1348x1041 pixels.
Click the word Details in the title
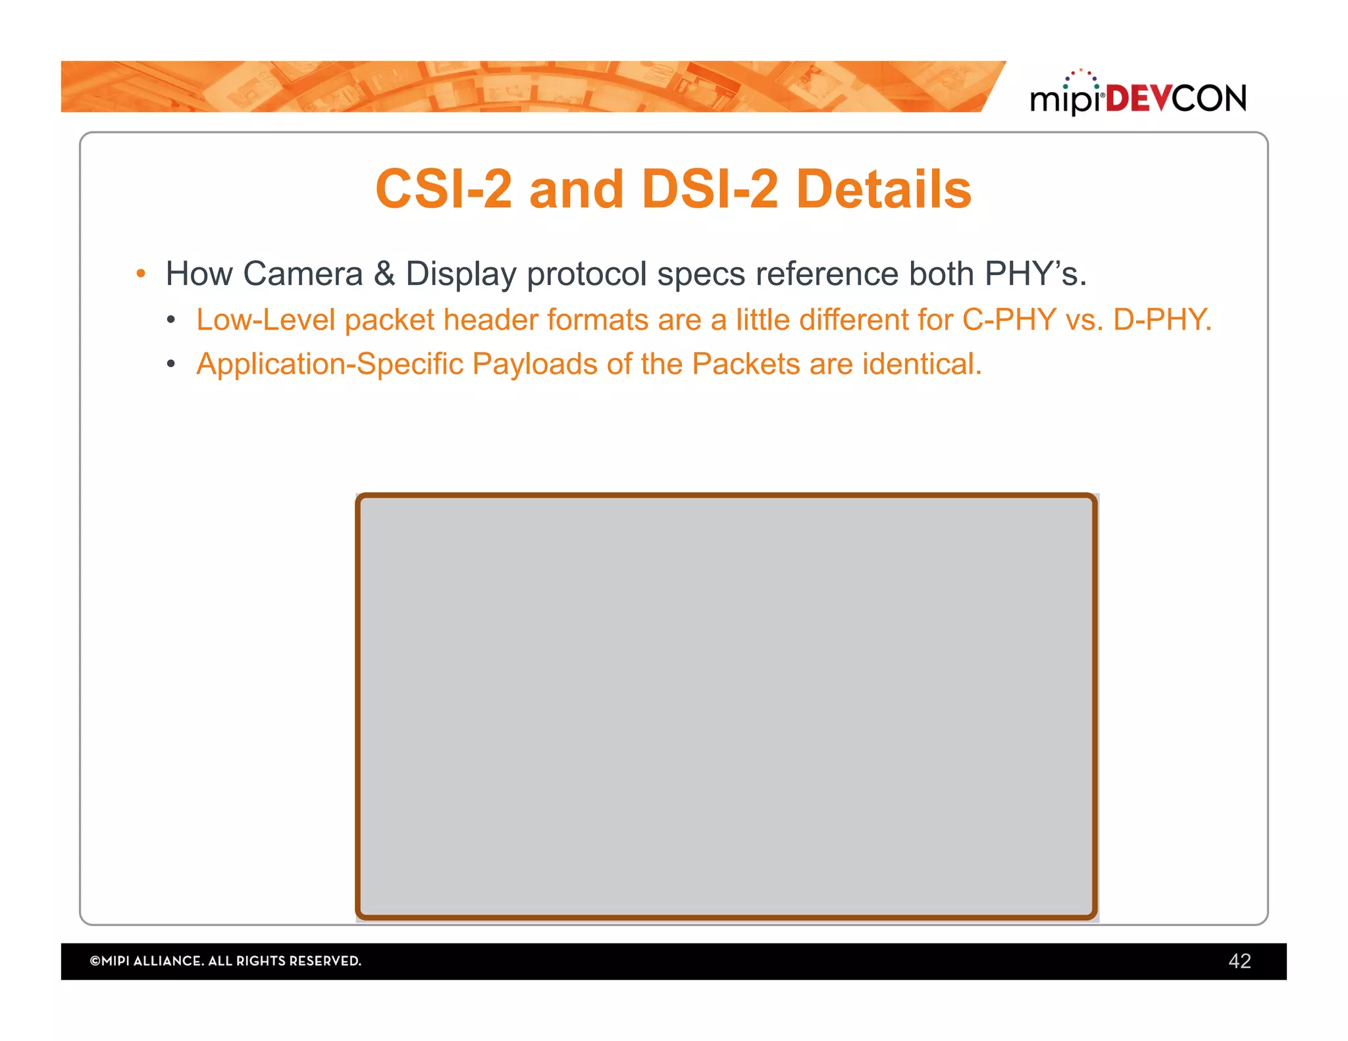tap(883, 190)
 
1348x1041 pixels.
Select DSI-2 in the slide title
tap(710, 190)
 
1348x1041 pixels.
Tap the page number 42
tap(1239, 961)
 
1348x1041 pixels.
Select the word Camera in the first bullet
tap(303, 274)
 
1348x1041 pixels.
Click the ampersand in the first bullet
tap(384, 274)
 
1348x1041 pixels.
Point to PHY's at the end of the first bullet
tap(1035, 274)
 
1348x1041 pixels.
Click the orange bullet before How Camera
tap(140, 274)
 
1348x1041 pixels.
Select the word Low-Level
tap(266, 320)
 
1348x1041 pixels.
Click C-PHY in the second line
tap(1009, 320)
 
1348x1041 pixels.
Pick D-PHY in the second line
tap(1161, 320)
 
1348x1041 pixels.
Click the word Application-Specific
tap(330, 364)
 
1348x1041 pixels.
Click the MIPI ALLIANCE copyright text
tap(225, 961)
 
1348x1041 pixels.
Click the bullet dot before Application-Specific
tap(171, 365)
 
